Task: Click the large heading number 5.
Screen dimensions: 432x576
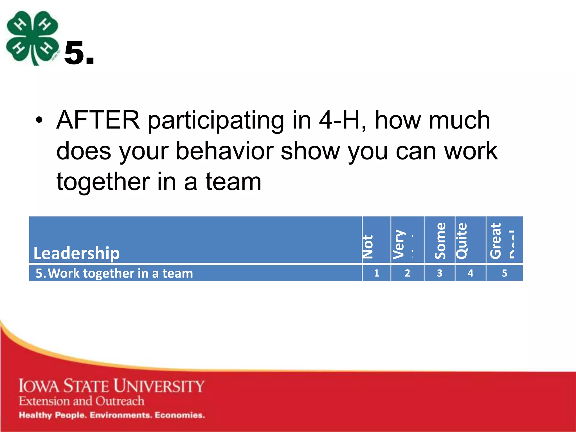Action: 79,53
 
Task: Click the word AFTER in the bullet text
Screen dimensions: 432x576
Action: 98,120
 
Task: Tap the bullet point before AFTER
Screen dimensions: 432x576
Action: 39,120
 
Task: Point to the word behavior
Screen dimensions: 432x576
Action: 224,151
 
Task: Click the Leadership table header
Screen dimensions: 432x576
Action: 76,253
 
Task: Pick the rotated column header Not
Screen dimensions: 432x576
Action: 368,247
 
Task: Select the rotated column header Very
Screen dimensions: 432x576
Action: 399,244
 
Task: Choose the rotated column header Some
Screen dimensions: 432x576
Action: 440,241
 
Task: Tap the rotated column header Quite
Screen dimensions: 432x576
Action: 462,241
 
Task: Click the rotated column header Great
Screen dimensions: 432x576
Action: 496,241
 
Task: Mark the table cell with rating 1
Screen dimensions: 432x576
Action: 376,273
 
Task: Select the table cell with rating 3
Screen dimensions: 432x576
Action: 439,273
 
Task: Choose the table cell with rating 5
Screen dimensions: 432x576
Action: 504,273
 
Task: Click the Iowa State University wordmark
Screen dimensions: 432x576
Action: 111,386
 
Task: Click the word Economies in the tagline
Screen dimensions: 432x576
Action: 180,415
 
